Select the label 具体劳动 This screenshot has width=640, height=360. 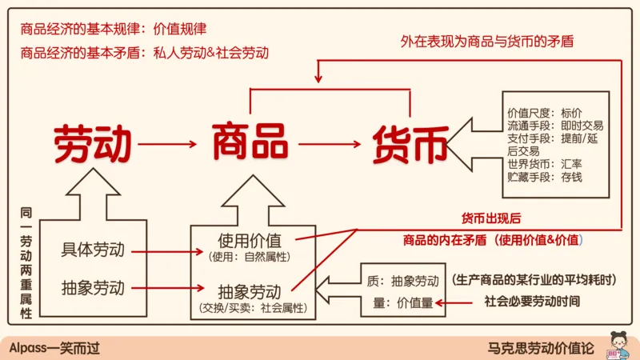coord(93,250)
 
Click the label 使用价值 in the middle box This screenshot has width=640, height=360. coord(250,240)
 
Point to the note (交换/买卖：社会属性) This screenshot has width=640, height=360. coord(250,306)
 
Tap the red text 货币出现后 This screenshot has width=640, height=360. coord(492,218)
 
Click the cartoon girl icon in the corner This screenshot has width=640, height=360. coord(617,345)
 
